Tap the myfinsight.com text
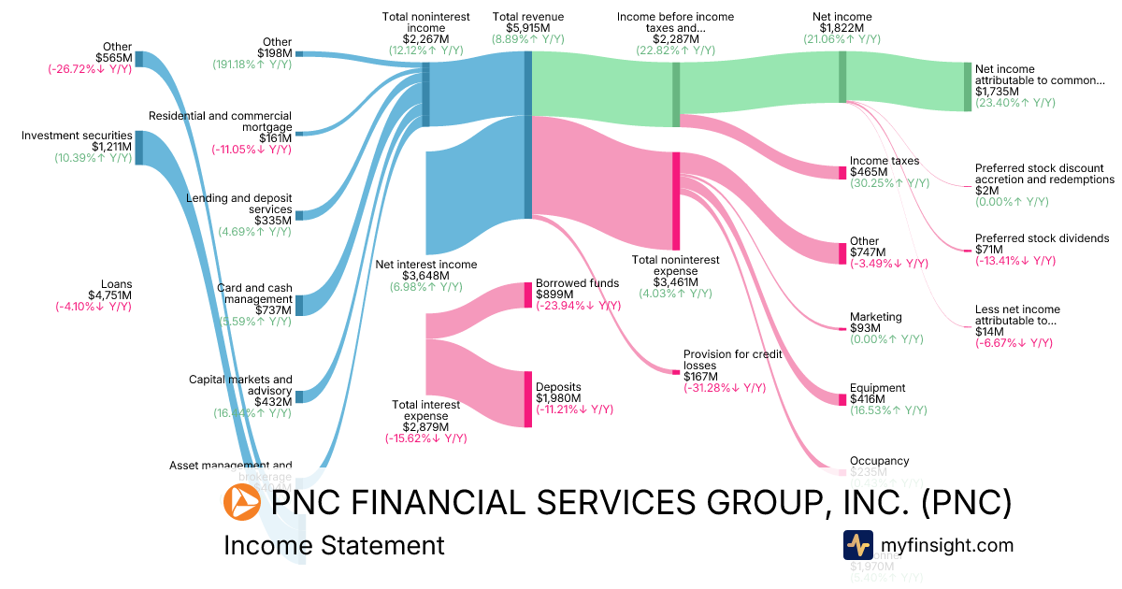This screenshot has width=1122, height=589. click(946, 545)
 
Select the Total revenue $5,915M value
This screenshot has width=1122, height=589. click(528, 28)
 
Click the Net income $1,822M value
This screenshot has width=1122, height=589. click(841, 28)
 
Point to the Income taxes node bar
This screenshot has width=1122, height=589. click(842, 172)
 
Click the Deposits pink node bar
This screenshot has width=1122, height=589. click(527, 399)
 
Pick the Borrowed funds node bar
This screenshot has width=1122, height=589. click(527, 295)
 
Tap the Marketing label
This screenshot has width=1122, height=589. click(875, 317)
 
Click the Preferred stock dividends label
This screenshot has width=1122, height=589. click(1042, 238)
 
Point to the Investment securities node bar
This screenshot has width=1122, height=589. click(139, 148)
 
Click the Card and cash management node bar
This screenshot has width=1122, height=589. click(299, 306)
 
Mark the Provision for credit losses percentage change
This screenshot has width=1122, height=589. click(726, 388)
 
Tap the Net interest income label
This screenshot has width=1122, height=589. click(425, 265)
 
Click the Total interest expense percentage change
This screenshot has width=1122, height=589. click(425, 438)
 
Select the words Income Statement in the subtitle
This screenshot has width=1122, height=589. click(334, 545)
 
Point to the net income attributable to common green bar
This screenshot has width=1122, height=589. click(968, 87)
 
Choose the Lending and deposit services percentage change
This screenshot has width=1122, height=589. click(254, 232)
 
